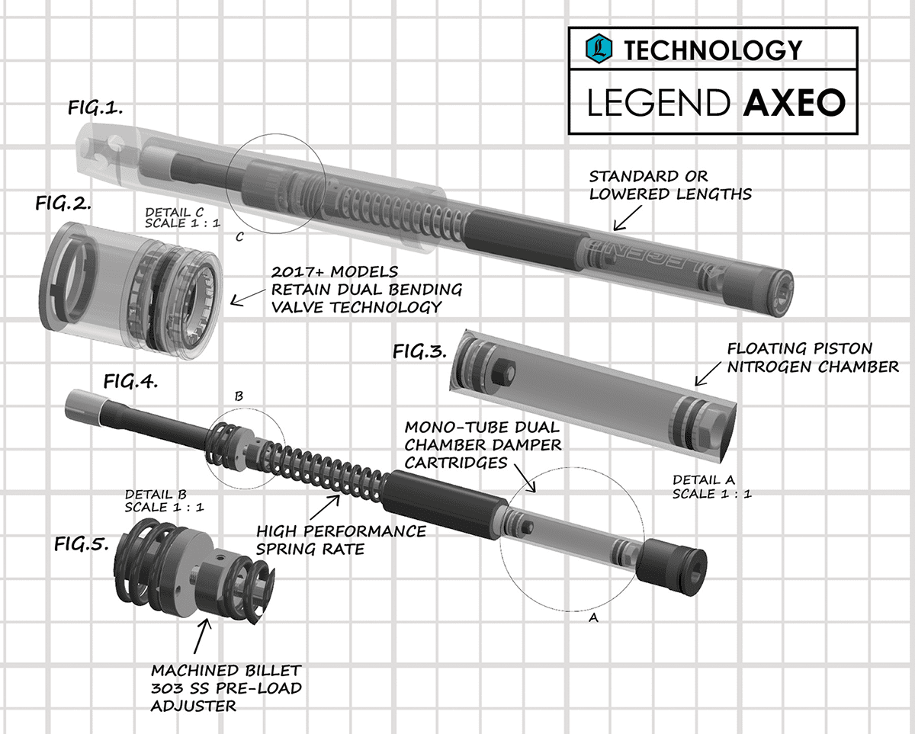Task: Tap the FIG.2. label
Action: point(64,204)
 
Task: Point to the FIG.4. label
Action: point(130,382)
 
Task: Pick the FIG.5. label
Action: point(82,543)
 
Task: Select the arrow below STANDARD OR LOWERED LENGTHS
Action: point(626,220)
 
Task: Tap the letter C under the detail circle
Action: point(239,237)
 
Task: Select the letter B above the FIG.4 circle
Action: point(239,397)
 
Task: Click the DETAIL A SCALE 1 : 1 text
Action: point(713,486)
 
